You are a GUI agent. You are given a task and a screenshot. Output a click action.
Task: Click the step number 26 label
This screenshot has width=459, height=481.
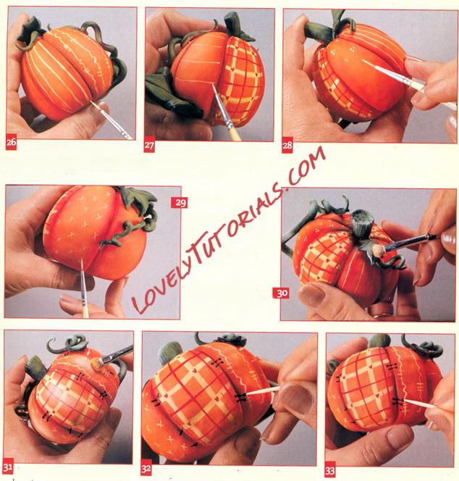(11, 143)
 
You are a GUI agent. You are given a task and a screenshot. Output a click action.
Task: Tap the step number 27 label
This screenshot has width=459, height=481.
(149, 146)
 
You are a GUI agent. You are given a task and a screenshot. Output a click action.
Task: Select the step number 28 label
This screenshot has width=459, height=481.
(287, 146)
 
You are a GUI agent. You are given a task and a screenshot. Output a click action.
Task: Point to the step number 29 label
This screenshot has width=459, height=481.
(179, 203)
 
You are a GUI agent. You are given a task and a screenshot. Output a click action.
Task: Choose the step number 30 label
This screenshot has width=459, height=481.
(281, 293)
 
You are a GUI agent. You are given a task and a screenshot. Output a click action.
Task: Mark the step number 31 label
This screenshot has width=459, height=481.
(8, 467)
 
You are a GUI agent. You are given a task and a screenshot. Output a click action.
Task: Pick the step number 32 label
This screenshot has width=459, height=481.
(146, 469)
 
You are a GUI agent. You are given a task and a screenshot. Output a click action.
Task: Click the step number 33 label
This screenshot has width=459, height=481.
(330, 471)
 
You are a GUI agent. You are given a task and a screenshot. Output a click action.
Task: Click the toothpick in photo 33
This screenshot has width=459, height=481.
(421, 403)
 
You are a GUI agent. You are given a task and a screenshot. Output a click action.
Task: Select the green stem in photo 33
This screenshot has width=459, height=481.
(379, 340)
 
